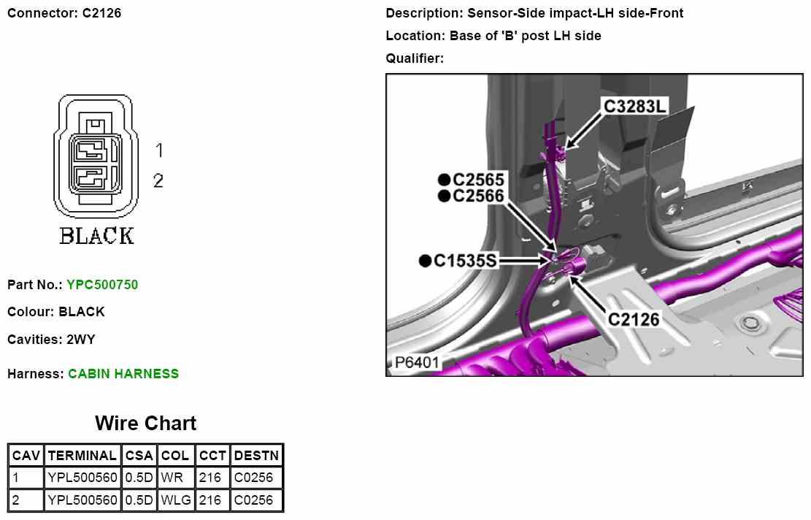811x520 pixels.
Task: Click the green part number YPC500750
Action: pos(102,285)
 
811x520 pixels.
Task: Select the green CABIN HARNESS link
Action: pos(123,374)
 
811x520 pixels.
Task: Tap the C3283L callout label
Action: pos(634,106)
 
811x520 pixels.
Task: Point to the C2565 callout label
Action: pos(478,180)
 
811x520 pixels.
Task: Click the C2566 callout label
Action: pos(478,196)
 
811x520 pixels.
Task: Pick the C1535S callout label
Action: pos(465,261)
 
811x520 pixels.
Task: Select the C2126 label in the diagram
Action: pos(634,319)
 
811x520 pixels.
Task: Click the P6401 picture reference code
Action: pos(417,362)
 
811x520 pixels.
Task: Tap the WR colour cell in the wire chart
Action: pos(172,477)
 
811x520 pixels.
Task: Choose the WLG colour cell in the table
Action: pos(176,500)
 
